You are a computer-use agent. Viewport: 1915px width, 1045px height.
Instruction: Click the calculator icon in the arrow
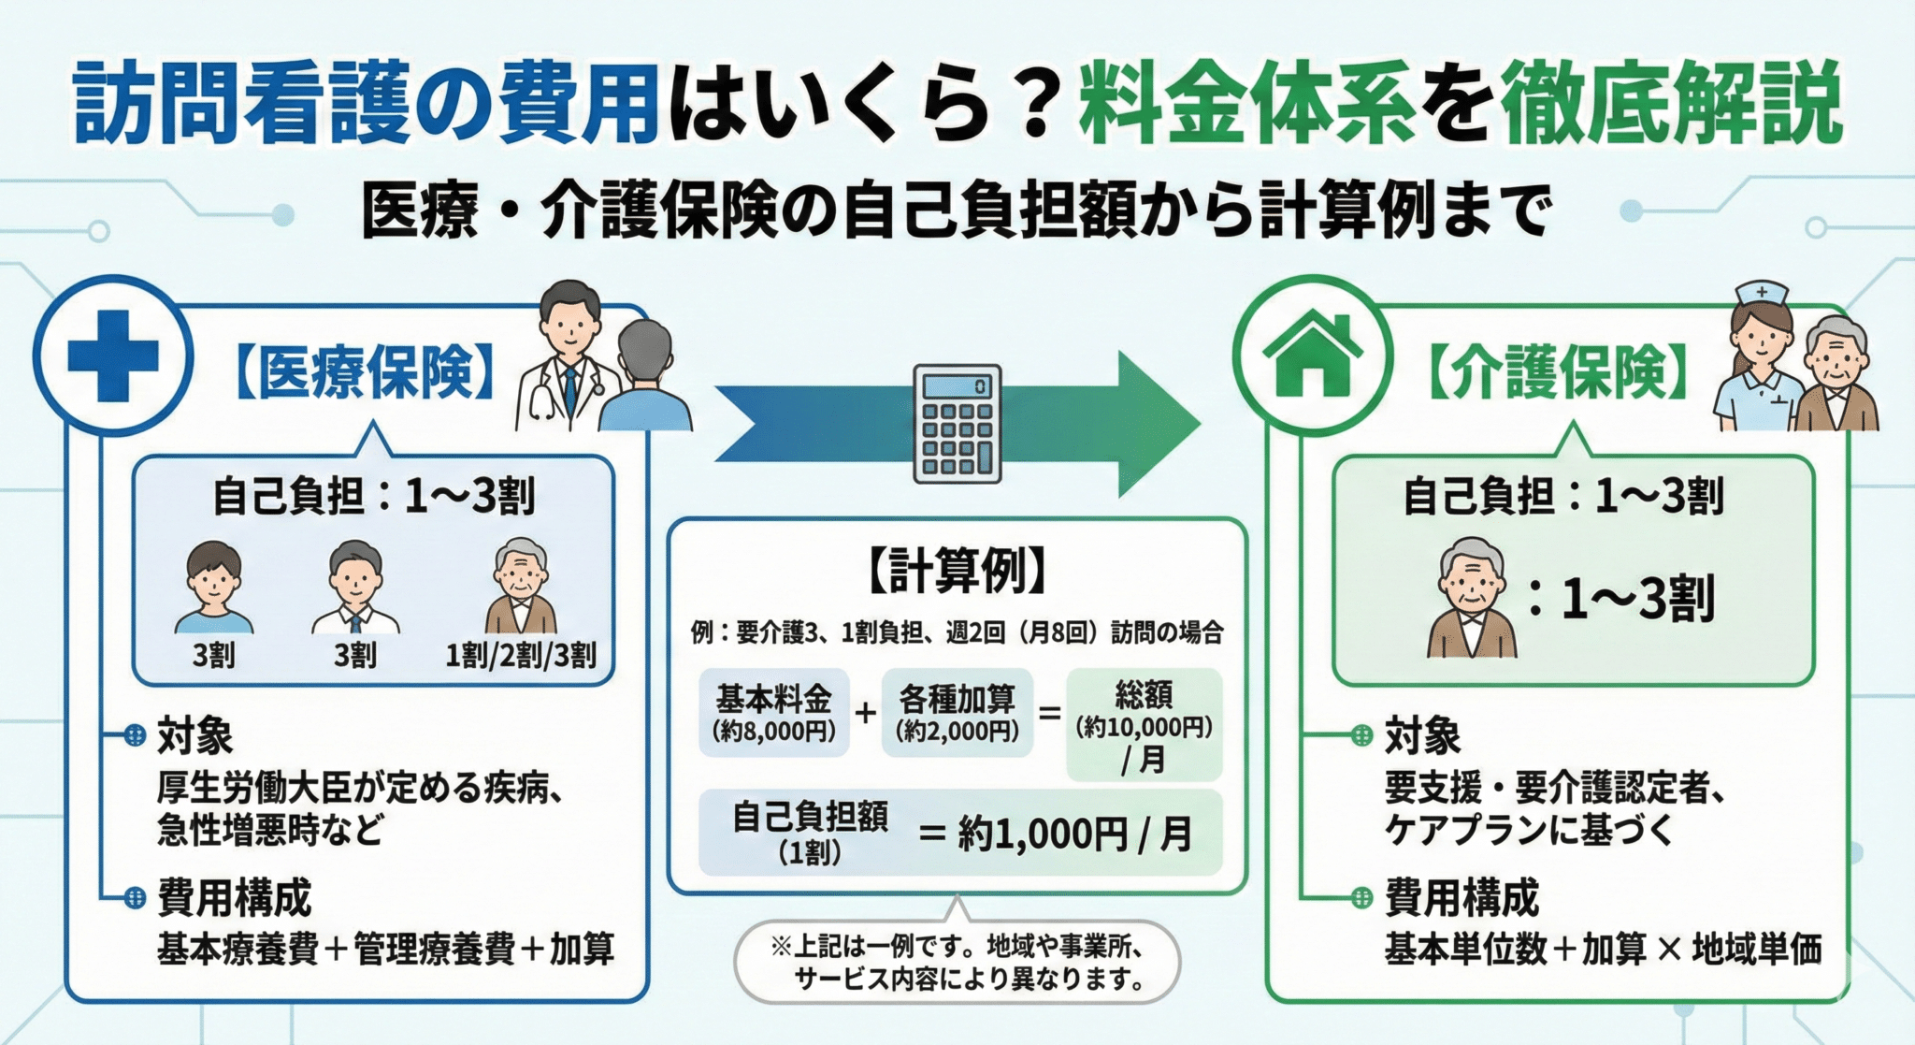pos(957,424)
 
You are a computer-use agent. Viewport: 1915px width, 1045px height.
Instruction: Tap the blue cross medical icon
pos(113,356)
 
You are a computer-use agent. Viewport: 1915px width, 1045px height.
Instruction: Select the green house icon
pos(1312,356)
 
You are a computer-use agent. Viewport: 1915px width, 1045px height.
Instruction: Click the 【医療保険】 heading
pos(365,373)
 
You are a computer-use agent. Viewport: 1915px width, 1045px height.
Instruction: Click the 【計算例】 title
pos(957,570)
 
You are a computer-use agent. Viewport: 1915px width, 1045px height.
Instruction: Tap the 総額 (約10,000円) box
pos(1144,724)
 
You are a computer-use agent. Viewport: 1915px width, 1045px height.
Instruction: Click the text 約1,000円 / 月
pos(1075,834)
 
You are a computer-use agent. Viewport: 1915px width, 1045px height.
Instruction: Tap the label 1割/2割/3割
pos(520,655)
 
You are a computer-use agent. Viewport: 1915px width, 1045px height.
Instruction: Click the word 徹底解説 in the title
pos(1670,105)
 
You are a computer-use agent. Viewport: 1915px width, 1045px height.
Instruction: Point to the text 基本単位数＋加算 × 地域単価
pos(1603,949)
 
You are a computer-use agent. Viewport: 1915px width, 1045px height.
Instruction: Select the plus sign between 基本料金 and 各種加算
pos(865,713)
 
